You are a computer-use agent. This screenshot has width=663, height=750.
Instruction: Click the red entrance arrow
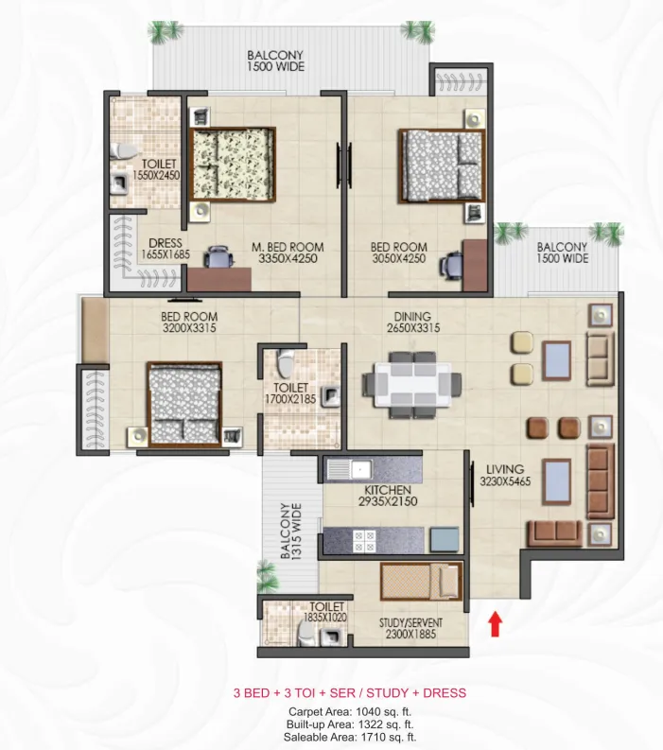(x=495, y=623)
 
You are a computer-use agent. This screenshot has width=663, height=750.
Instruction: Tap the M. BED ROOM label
(x=288, y=247)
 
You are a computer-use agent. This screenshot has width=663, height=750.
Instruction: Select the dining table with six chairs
(x=412, y=385)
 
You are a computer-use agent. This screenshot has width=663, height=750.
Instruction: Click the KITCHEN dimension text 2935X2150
(x=388, y=502)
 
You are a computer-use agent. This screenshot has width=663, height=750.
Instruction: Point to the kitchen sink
(x=349, y=470)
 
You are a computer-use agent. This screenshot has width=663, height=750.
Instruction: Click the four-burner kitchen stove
(x=364, y=540)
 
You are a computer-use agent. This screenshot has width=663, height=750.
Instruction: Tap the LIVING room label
(x=505, y=469)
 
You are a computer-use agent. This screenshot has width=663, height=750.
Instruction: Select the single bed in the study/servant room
(x=422, y=582)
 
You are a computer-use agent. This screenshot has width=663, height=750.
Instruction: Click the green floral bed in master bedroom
(x=233, y=164)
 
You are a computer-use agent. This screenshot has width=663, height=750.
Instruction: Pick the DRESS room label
(x=166, y=243)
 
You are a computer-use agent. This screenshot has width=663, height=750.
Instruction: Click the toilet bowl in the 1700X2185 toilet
(x=286, y=363)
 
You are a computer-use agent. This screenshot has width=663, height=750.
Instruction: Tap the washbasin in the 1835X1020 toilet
(x=331, y=637)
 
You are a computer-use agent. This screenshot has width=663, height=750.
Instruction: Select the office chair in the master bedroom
(x=218, y=257)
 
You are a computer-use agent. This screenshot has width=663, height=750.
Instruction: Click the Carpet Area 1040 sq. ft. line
(x=350, y=712)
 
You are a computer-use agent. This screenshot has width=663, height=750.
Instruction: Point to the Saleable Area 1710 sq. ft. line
(x=350, y=737)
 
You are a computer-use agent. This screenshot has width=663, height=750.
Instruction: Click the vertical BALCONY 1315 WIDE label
(x=291, y=531)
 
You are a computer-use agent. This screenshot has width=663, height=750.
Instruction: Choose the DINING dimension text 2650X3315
(x=413, y=328)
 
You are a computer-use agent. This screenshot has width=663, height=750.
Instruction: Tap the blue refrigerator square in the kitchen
(x=445, y=539)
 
